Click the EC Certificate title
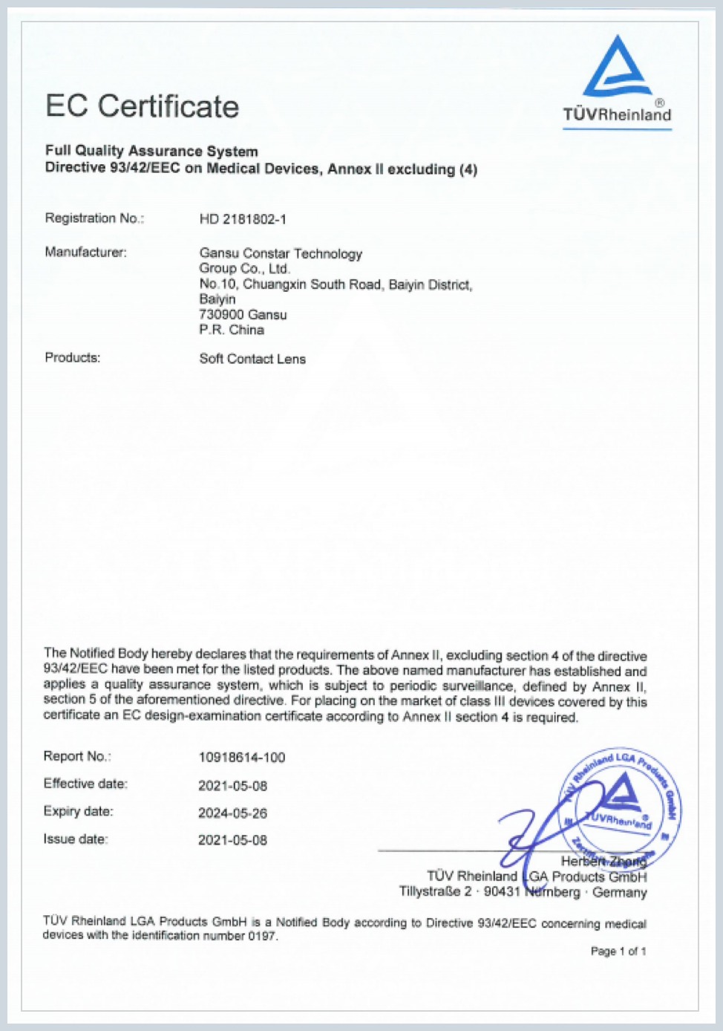142,106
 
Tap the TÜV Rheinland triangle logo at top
617,68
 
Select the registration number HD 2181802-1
243,219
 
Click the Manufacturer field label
85,253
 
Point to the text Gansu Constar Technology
281,253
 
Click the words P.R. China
232,330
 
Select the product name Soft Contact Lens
252,359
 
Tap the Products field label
72,358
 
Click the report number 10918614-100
241,758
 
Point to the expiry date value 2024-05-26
232,813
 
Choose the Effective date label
85,784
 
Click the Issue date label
76,839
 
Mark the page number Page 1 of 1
618,952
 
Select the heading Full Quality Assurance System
151,151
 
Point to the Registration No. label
94,218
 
